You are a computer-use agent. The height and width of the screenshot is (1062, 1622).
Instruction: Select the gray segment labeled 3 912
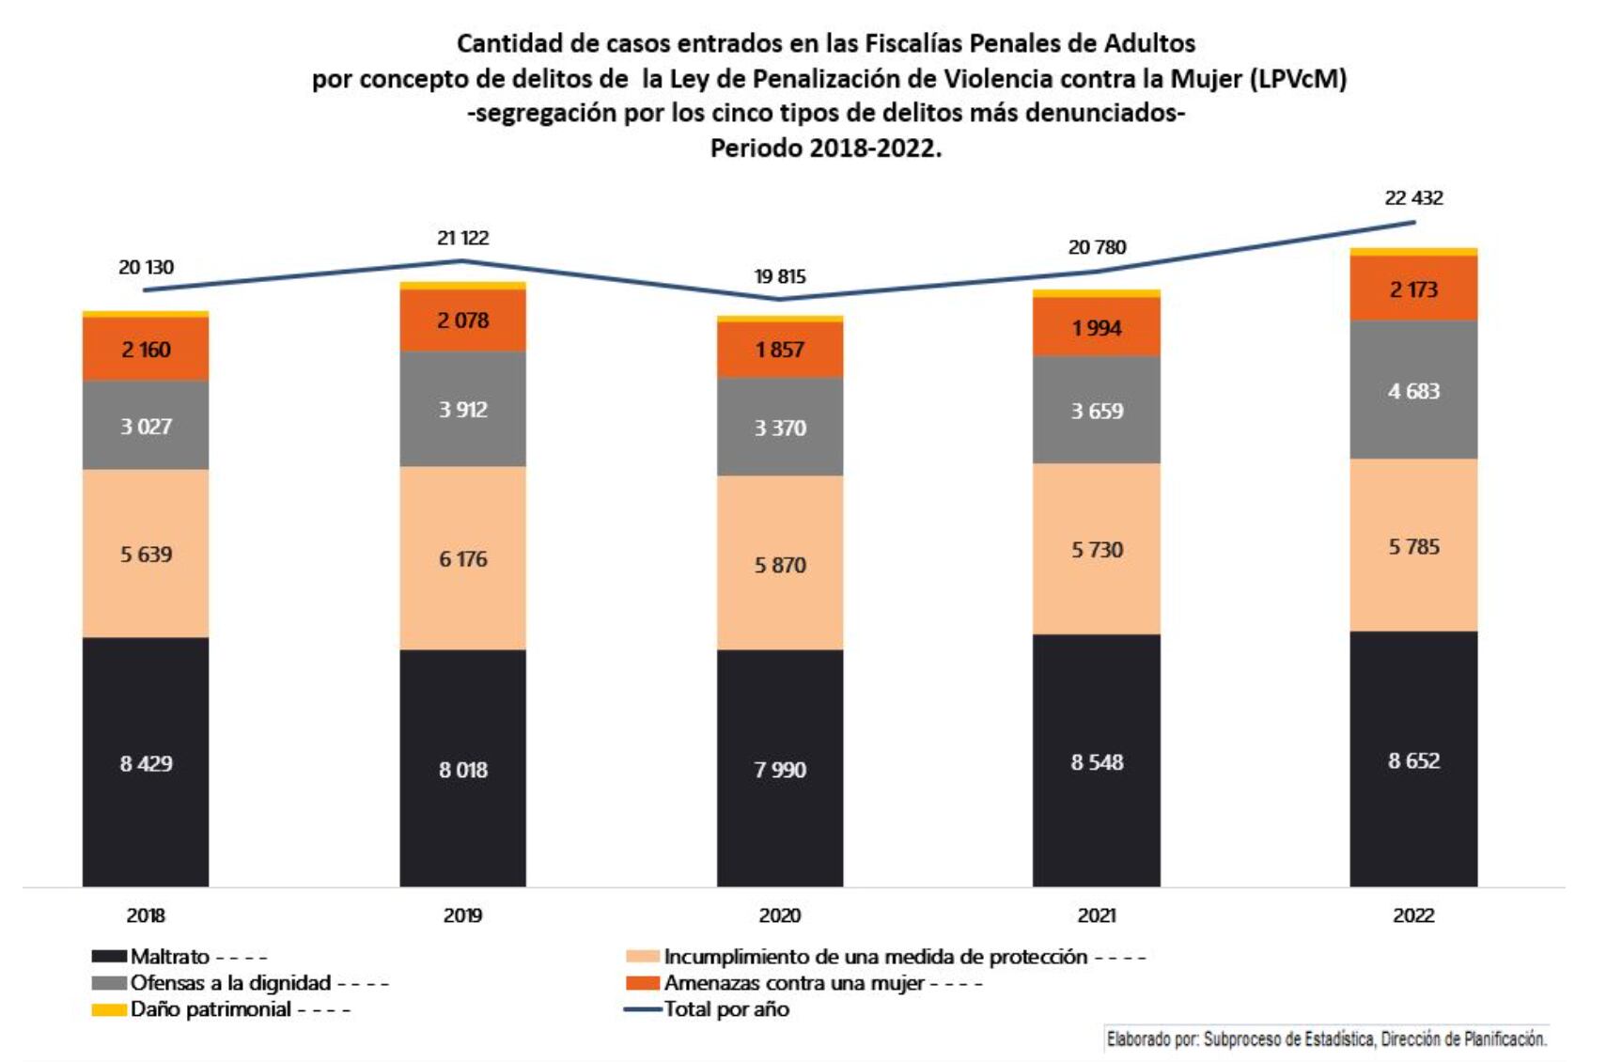tap(462, 409)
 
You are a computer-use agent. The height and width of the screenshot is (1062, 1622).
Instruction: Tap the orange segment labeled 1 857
tap(780, 350)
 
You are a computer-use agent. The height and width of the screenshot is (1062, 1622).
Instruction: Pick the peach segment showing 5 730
tap(1096, 549)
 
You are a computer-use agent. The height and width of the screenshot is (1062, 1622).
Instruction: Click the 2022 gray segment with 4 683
tap(1413, 390)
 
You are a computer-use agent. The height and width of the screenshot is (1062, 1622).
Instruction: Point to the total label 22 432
tap(1413, 197)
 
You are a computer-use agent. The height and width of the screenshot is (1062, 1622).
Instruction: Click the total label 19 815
tap(780, 276)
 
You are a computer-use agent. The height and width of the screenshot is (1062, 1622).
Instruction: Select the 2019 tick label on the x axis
tap(462, 915)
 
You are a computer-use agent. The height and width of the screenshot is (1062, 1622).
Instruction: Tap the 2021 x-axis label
tap(1096, 915)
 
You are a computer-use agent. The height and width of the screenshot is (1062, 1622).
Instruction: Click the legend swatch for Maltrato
tap(109, 957)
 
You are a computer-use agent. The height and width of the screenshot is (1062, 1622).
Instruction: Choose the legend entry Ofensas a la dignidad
tap(230, 983)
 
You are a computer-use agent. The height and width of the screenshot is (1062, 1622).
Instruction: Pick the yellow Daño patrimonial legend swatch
tap(109, 1009)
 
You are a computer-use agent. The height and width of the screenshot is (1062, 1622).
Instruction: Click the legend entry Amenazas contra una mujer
tap(794, 983)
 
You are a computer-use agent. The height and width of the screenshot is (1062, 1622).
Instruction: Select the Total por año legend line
tap(644, 1009)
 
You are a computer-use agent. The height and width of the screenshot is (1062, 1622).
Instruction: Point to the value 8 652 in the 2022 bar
tap(1413, 760)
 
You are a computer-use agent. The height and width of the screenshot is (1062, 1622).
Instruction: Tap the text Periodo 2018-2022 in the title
tap(825, 148)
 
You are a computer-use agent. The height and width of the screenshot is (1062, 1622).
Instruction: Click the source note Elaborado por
tap(1326, 1039)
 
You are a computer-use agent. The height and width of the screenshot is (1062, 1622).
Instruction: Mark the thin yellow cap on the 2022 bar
tap(1413, 252)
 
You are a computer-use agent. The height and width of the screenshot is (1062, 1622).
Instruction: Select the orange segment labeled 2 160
tap(146, 350)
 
